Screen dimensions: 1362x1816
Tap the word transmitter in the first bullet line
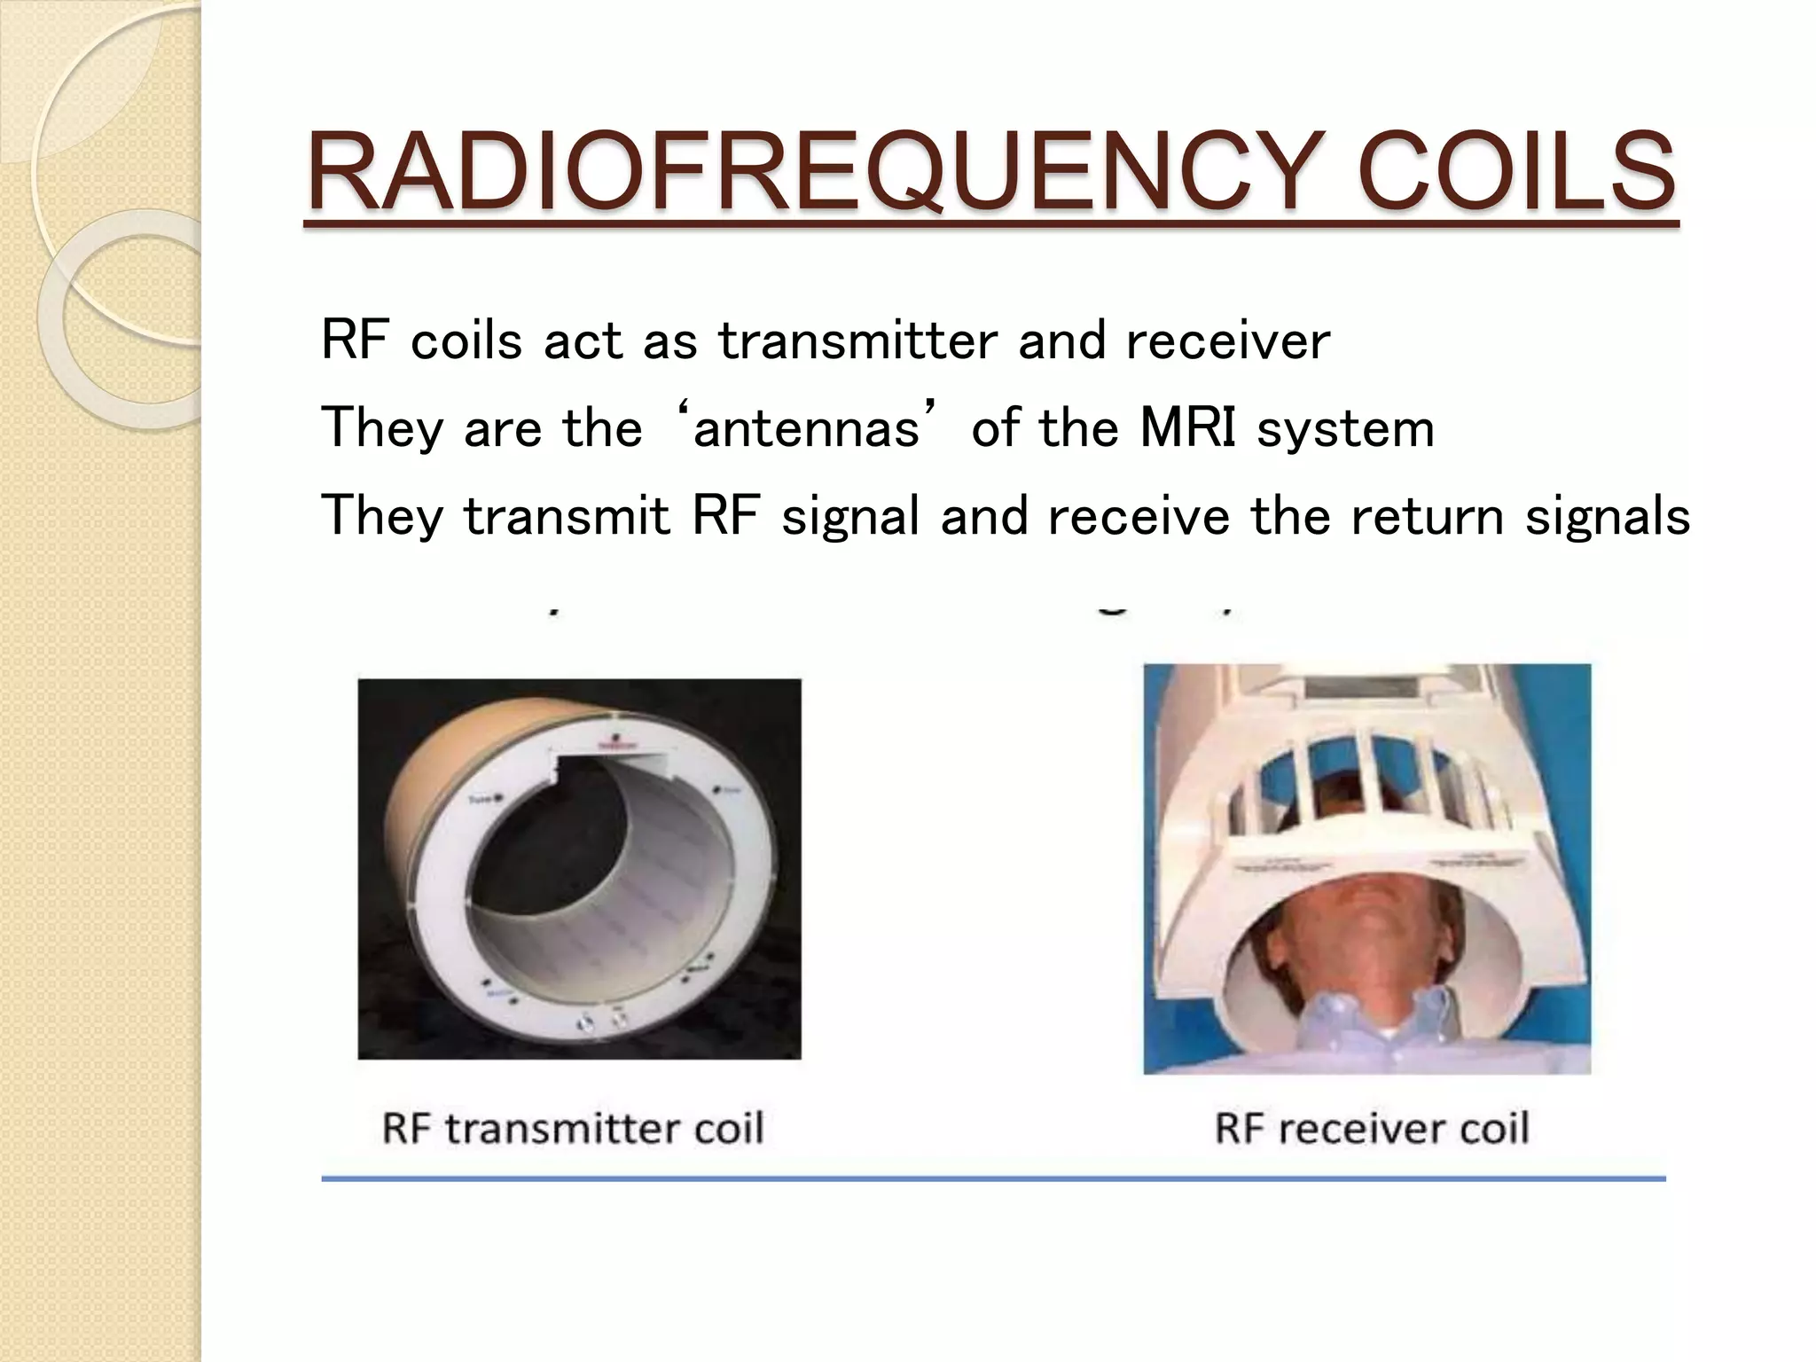coord(857,341)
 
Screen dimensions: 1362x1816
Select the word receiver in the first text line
coord(1227,341)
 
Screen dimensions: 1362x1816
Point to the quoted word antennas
coord(805,429)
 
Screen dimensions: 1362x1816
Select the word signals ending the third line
coord(1607,516)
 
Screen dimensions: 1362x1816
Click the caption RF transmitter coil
coord(573,1129)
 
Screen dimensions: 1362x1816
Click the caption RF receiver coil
coord(1371,1129)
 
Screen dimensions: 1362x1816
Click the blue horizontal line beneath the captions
coord(993,1178)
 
